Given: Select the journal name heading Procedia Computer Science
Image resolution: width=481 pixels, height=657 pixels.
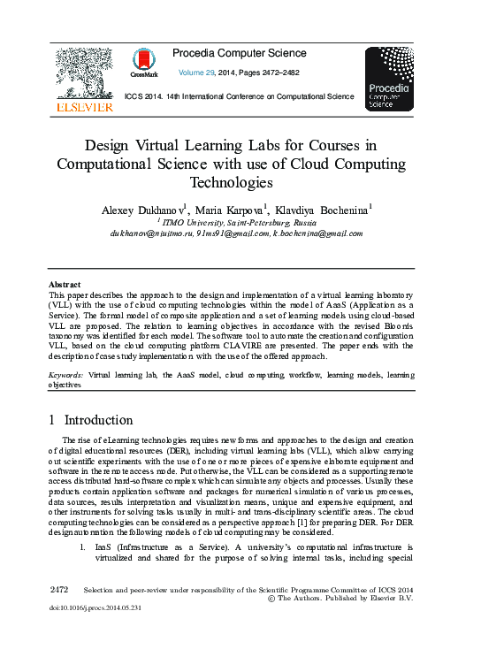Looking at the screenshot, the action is (x=240, y=54).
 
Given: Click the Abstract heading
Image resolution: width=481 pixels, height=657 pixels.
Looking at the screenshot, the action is (x=65, y=284).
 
